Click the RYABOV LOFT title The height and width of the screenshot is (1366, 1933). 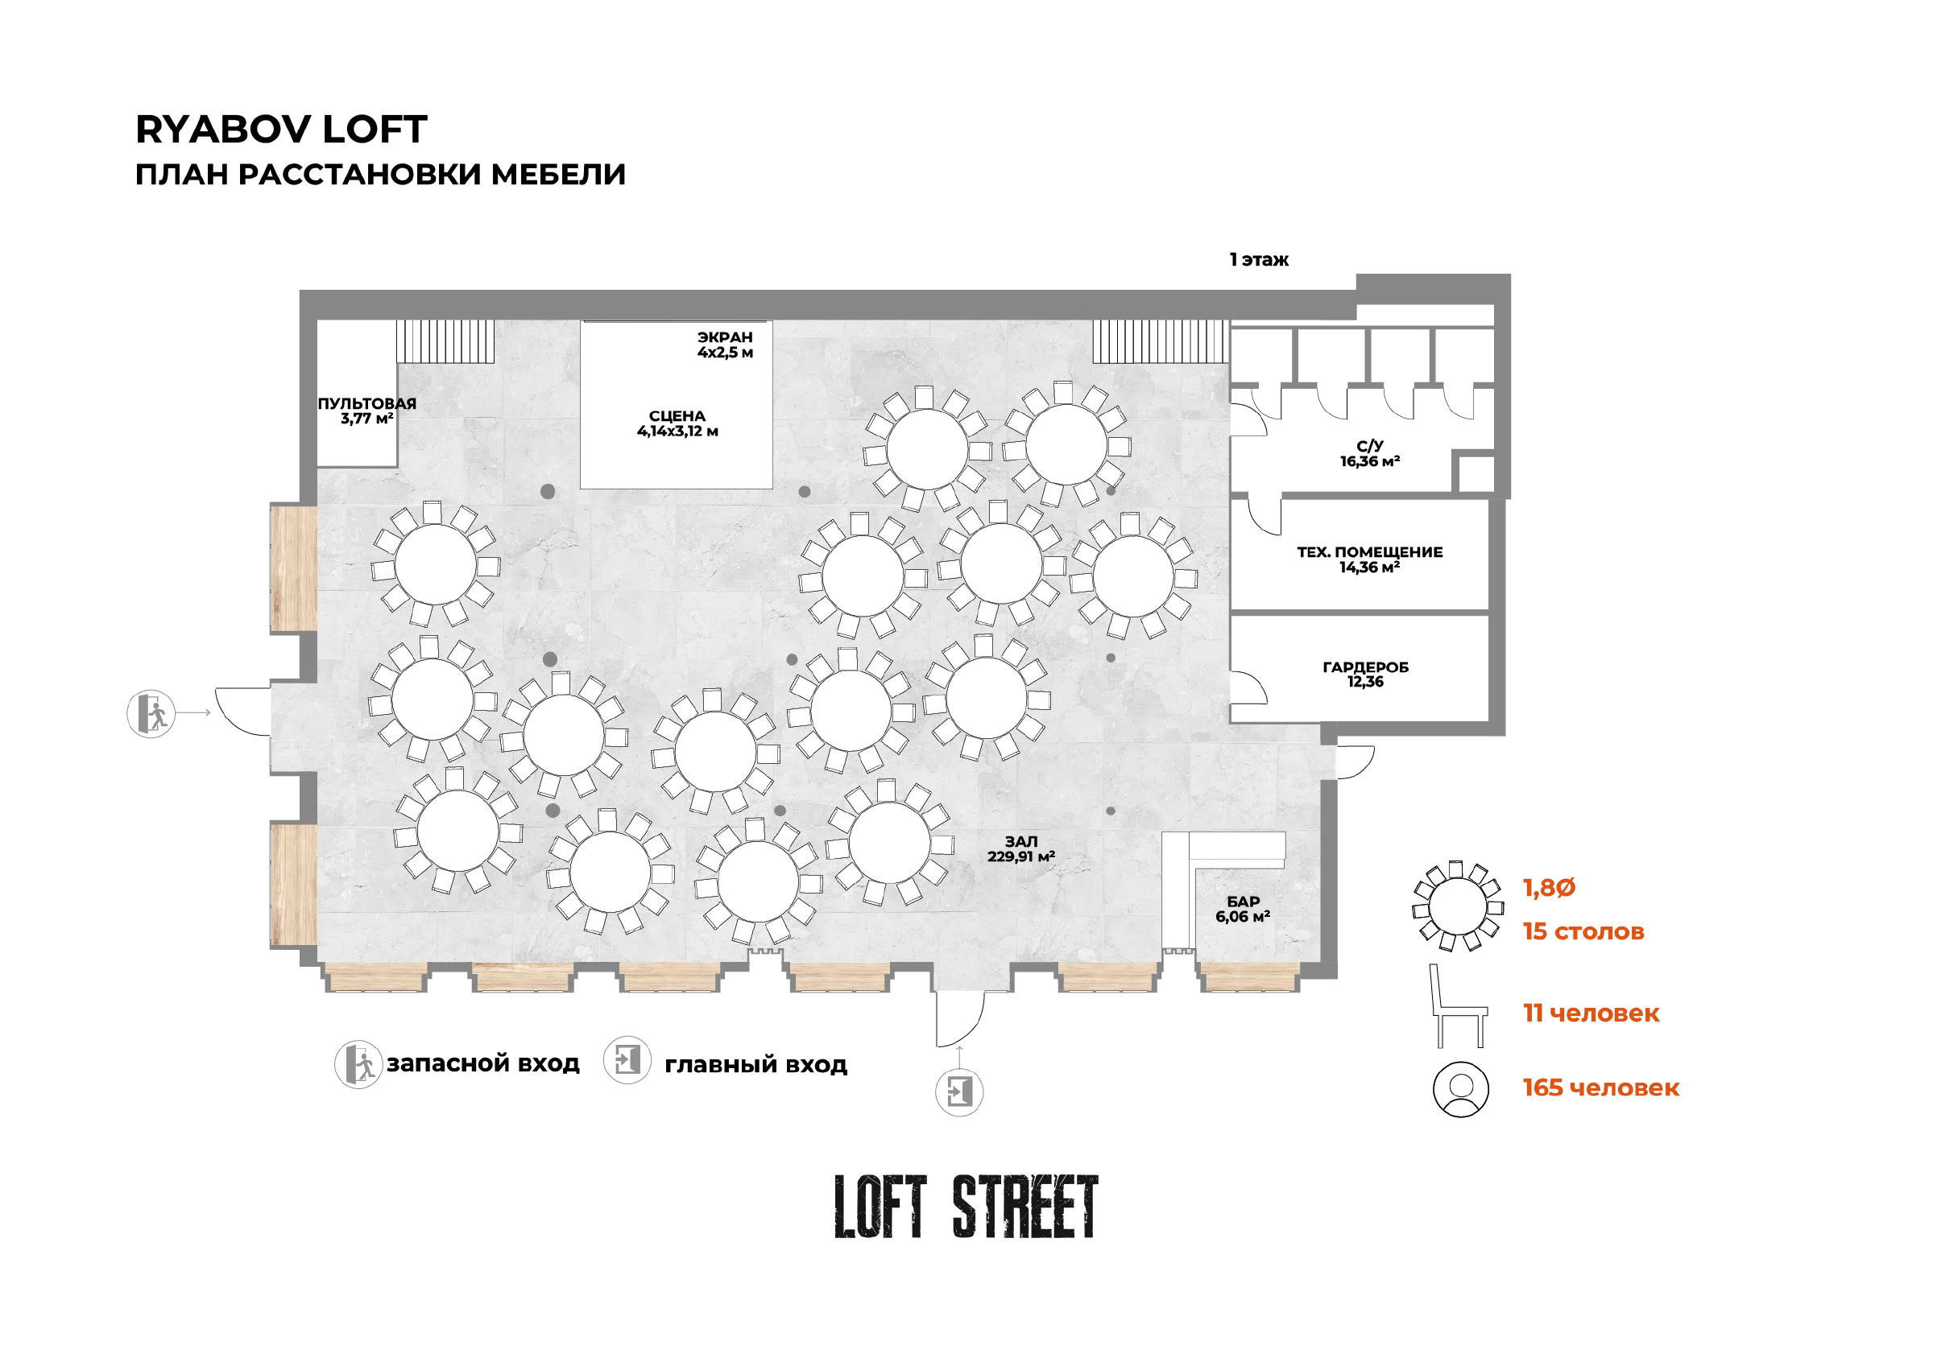click(x=281, y=130)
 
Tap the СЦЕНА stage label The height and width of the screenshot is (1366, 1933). click(x=677, y=423)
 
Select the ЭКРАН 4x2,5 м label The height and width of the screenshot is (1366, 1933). click(x=725, y=345)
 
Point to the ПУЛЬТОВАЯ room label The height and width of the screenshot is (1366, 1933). click(x=367, y=411)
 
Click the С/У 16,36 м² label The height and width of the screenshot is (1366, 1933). click(x=1370, y=454)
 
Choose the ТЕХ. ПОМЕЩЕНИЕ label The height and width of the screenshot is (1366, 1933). click(x=1370, y=559)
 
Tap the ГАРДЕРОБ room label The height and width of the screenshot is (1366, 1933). click(x=1365, y=675)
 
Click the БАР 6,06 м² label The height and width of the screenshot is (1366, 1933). click(x=1243, y=909)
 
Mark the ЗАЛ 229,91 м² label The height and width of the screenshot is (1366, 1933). click(x=1021, y=848)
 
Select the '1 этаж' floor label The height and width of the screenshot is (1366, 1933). click(x=1259, y=259)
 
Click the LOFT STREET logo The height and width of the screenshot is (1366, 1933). click(x=966, y=1207)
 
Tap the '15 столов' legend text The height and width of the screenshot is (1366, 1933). click(x=1583, y=931)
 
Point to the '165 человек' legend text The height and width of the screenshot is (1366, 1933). click(x=1601, y=1087)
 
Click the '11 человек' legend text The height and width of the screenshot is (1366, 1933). click(x=1592, y=1013)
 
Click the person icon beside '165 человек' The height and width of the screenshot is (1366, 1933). click(x=1461, y=1089)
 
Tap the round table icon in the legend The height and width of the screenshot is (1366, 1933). click(x=1458, y=906)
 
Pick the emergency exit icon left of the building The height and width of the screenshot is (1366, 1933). click(x=151, y=714)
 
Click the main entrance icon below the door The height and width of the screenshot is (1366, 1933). click(x=959, y=1092)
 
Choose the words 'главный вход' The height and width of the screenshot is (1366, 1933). click(x=756, y=1065)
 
